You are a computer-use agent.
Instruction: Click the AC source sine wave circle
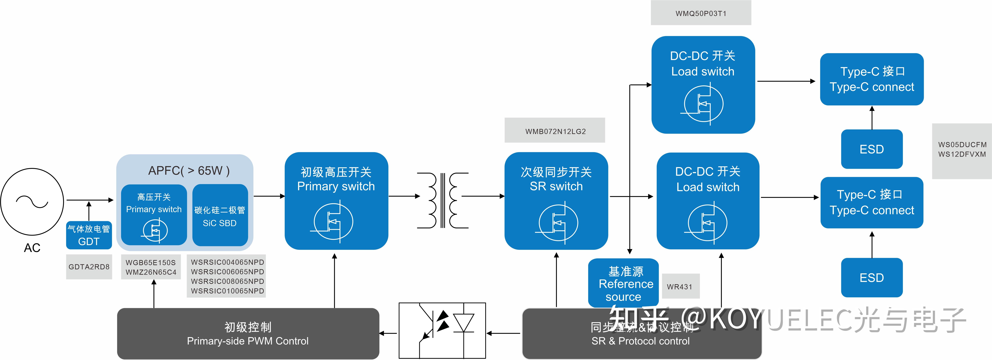[x=32, y=201]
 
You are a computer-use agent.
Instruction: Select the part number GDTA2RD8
[x=89, y=267]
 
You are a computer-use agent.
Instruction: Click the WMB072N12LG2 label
[x=555, y=131]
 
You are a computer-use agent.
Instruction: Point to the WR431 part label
[x=680, y=287]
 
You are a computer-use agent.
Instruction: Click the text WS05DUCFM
[x=962, y=145]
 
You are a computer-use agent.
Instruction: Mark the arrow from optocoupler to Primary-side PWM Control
[x=388, y=333]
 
